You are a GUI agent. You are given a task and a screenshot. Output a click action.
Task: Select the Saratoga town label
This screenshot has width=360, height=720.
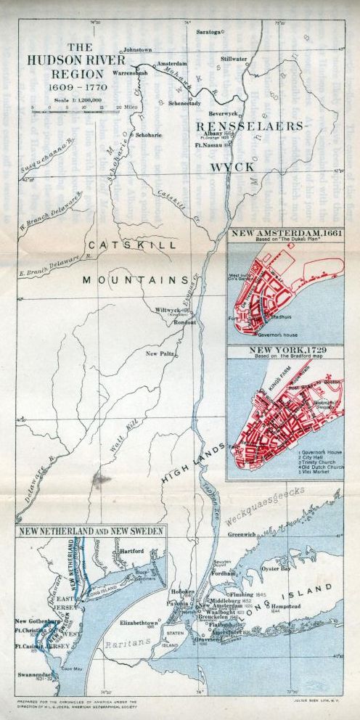pyautogui.click(x=207, y=33)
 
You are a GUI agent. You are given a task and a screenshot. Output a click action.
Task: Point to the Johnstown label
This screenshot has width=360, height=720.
pyautogui.click(x=138, y=49)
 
